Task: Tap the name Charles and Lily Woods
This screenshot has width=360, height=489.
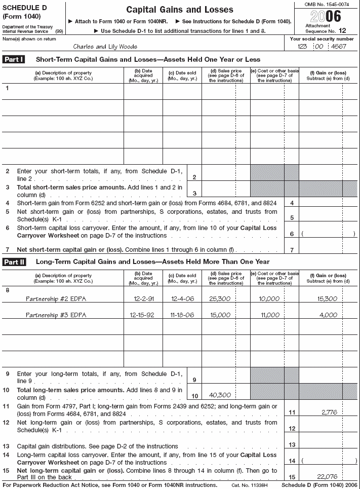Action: pyautogui.click(x=105, y=46)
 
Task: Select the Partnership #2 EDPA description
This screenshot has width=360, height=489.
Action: pyautogui.click(x=56, y=299)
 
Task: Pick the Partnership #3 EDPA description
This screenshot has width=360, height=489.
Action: pyautogui.click(x=56, y=315)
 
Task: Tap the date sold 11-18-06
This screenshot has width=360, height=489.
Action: pyautogui.click(x=182, y=315)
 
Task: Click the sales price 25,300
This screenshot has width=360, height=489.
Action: pyautogui.click(x=220, y=299)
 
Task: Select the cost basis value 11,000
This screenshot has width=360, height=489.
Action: pyautogui.click(x=269, y=315)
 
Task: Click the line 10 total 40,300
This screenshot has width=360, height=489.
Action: pyautogui.click(x=220, y=395)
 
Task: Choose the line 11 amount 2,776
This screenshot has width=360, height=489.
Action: pyautogui.click(x=330, y=413)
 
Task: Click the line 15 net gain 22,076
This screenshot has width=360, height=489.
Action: pyautogui.click(x=328, y=477)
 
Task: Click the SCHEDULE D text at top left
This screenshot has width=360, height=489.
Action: pyautogui.click(x=23, y=8)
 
